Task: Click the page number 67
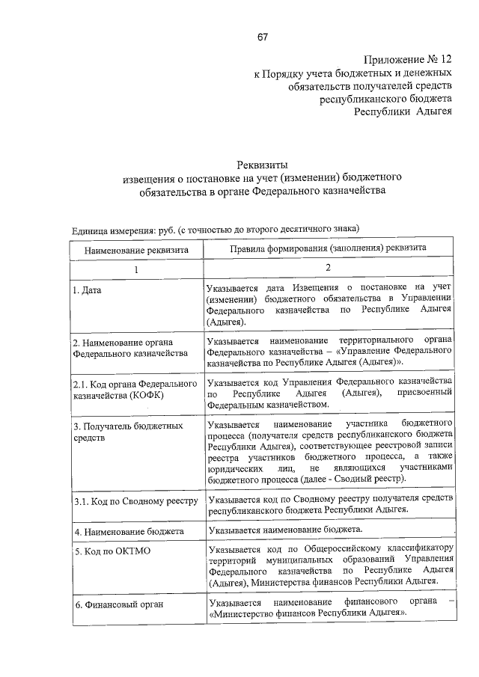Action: point(262,37)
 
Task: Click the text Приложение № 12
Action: point(409,59)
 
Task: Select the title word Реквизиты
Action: point(262,165)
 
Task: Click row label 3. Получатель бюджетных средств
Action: point(127,431)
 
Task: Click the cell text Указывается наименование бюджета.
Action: point(285,530)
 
